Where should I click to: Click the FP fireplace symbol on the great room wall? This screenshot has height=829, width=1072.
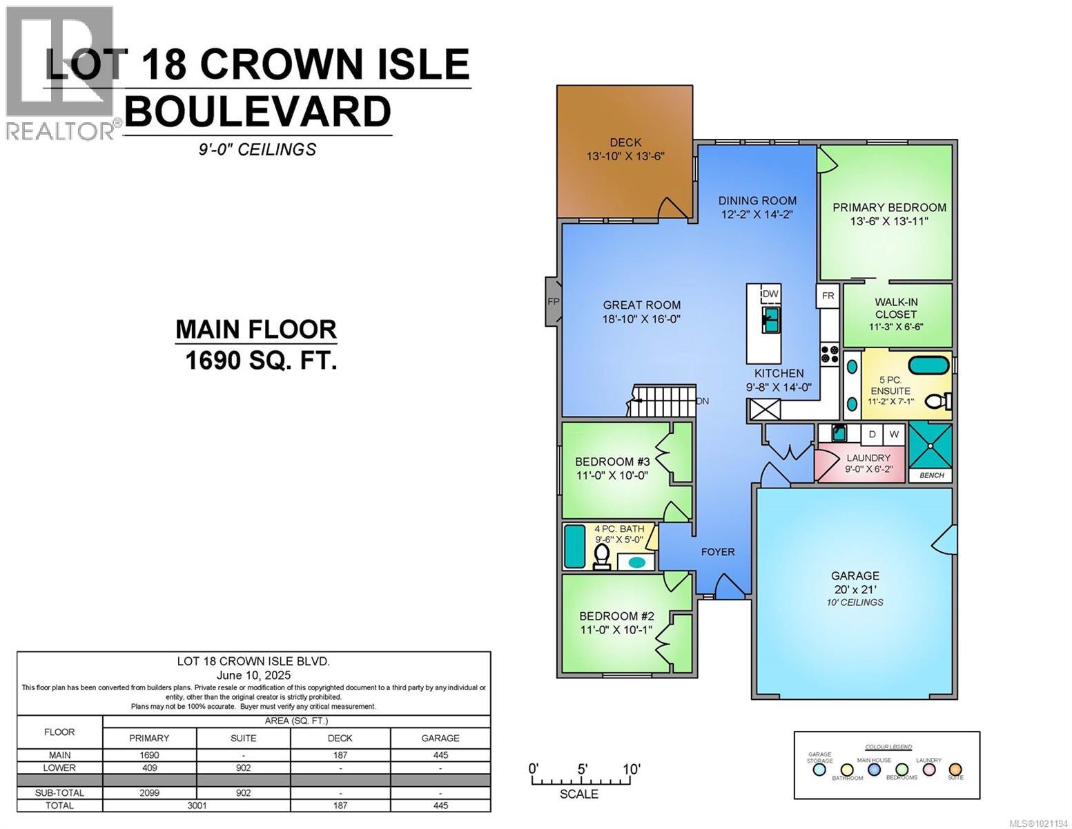pyautogui.click(x=553, y=302)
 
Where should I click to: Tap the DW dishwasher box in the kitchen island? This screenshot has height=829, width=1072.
pyautogui.click(x=770, y=294)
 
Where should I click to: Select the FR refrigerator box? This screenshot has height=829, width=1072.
pyautogui.click(x=828, y=296)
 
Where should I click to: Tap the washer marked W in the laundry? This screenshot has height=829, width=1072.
pyautogui.click(x=894, y=434)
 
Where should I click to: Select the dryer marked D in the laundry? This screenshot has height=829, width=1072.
pyautogui.click(x=873, y=434)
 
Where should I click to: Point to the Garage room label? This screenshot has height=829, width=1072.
pyautogui.click(x=855, y=575)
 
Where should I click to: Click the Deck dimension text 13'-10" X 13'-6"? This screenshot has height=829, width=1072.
pyautogui.click(x=625, y=157)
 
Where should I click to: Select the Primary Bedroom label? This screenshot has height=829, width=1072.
pyautogui.click(x=889, y=207)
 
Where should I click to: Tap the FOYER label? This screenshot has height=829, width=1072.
pyautogui.click(x=718, y=551)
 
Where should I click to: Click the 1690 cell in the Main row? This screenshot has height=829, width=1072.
pyautogui.click(x=149, y=755)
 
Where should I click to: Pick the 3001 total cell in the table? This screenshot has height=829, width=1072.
pyautogui.click(x=196, y=806)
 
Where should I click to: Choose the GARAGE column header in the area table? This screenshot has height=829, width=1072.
pyautogui.click(x=440, y=738)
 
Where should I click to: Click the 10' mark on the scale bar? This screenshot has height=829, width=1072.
pyautogui.click(x=630, y=770)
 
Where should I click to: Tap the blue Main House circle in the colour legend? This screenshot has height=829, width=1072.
pyautogui.click(x=875, y=770)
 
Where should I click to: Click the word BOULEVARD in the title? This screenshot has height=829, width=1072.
pyautogui.click(x=257, y=112)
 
